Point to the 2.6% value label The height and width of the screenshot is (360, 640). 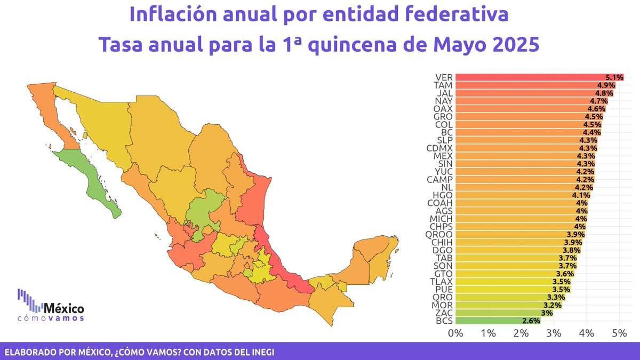tap(531, 321)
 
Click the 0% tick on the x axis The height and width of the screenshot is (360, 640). tap(455, 333)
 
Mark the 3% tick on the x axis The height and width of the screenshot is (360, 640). tap(554, 333)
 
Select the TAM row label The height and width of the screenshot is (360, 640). tap(444, 85)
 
